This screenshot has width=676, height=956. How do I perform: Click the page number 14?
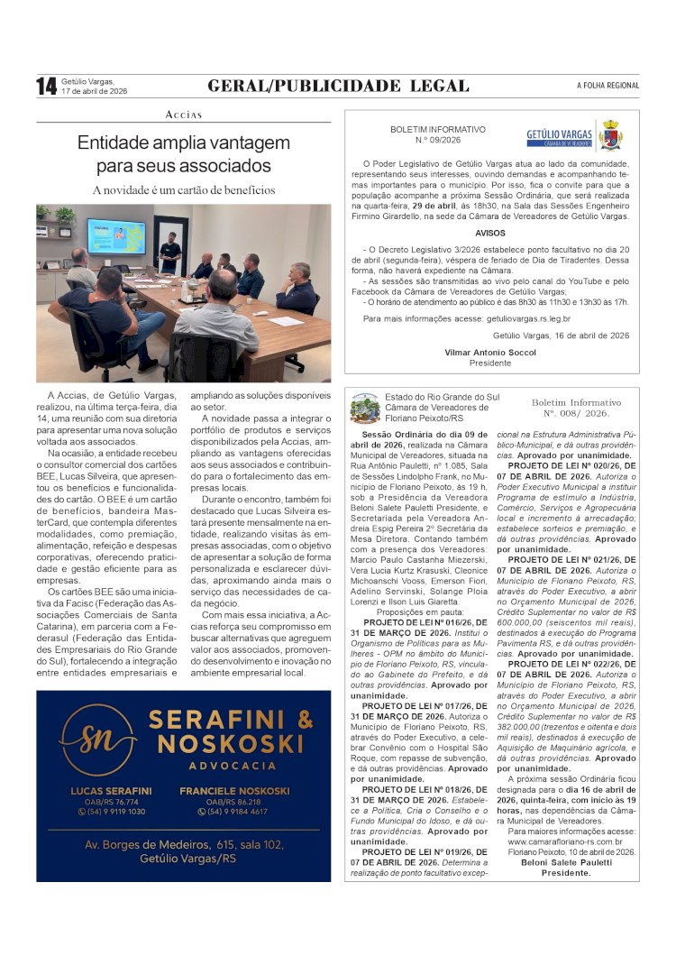46,86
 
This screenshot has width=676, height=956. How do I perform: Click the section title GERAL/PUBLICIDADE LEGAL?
338,86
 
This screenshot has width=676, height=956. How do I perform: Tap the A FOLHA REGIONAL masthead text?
607,86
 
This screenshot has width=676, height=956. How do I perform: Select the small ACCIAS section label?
184,115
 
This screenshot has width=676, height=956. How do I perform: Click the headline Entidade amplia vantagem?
184,142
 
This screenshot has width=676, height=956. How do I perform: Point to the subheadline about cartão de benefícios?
184,190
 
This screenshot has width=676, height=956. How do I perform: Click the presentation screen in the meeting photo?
115,236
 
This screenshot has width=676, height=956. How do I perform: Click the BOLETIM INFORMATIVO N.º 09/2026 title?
437,135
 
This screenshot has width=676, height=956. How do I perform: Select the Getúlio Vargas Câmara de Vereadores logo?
573,134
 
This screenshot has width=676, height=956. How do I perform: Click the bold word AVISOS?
490,233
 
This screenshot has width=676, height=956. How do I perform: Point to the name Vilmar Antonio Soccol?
489,353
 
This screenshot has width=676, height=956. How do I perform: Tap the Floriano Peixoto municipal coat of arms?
364,408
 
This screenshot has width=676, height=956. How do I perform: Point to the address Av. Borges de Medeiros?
184,845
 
